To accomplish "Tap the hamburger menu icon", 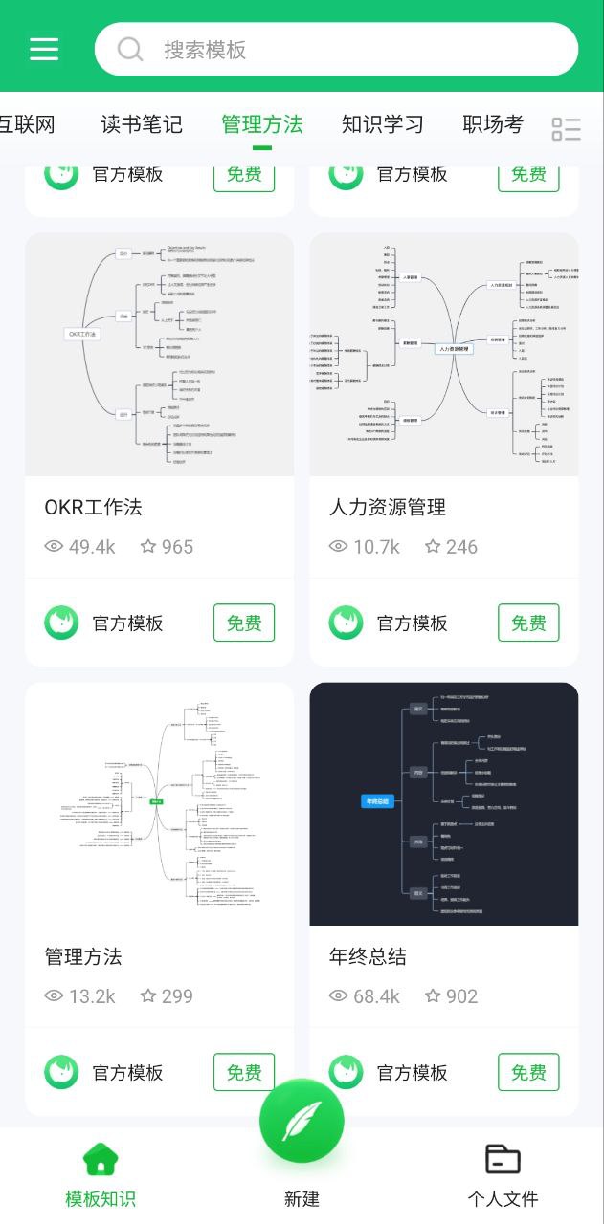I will (44, 49).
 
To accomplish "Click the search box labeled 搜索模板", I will (336, 49).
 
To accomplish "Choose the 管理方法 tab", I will (261, 124).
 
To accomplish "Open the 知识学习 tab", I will (383, 124).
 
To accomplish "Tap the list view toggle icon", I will (567, 129).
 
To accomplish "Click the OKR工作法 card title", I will (93, 507).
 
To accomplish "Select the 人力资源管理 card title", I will (388, 507).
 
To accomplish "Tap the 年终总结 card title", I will (368, 956).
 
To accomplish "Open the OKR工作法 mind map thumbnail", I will (159, 354).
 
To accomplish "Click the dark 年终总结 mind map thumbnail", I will (444, 803).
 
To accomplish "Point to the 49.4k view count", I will (91, 547).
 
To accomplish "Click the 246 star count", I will (460, 547).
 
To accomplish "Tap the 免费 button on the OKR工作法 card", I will (244, 623).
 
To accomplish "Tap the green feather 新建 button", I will (302, 1121).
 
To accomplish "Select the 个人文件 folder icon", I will (503, 1159).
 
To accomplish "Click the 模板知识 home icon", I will (101, 1159).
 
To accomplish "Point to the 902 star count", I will (460, 996).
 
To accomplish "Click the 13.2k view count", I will (91, 996).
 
